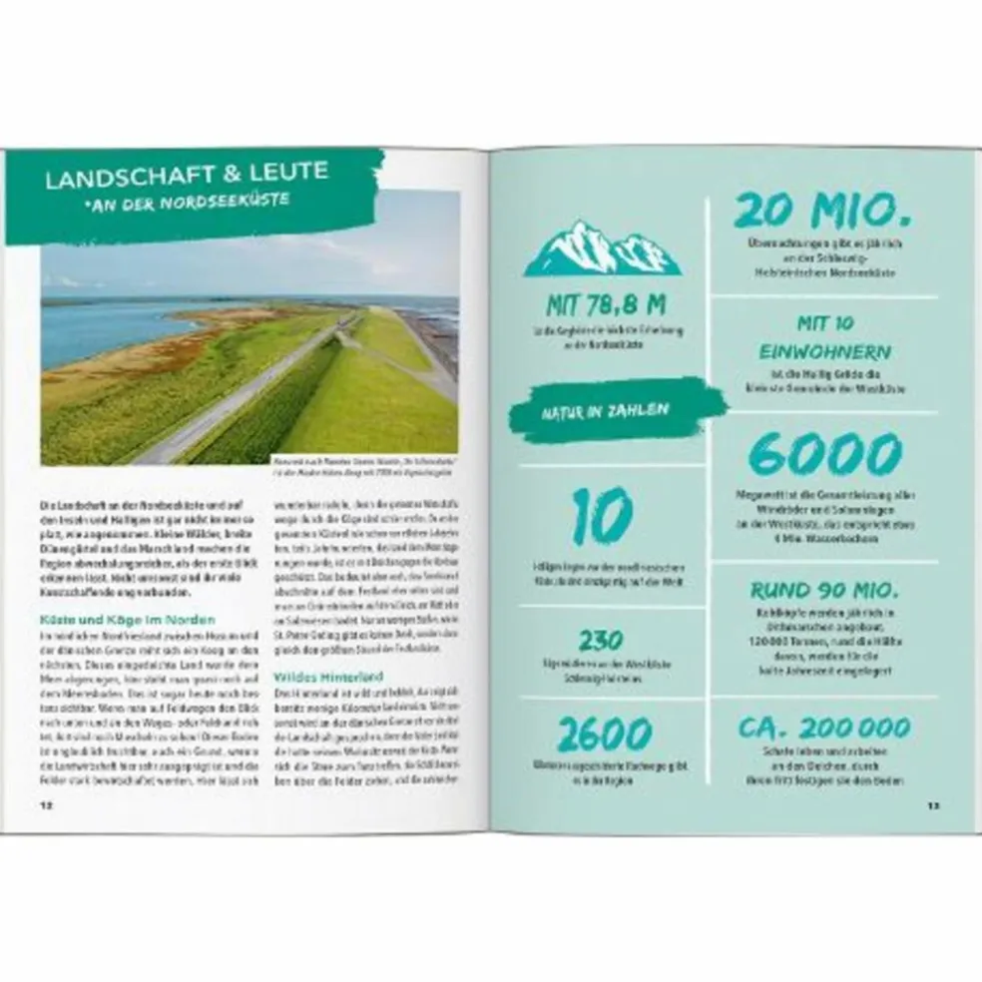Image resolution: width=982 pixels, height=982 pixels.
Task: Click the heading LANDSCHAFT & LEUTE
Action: [x=187, y=175]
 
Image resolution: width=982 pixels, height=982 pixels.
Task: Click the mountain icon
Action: [x=602, y=248]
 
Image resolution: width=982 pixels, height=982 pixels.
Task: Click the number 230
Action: [x=601, y=640]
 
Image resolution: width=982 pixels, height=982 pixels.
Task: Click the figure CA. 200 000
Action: [x=824, y=727]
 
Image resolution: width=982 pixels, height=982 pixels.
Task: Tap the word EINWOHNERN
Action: [x=824, y=352]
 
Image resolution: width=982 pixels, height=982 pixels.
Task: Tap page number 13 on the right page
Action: [x=932, y=803]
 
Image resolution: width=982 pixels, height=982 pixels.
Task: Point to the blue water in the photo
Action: [x=100, y=329]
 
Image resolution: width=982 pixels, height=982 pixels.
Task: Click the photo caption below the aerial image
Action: [x=364, y=467]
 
